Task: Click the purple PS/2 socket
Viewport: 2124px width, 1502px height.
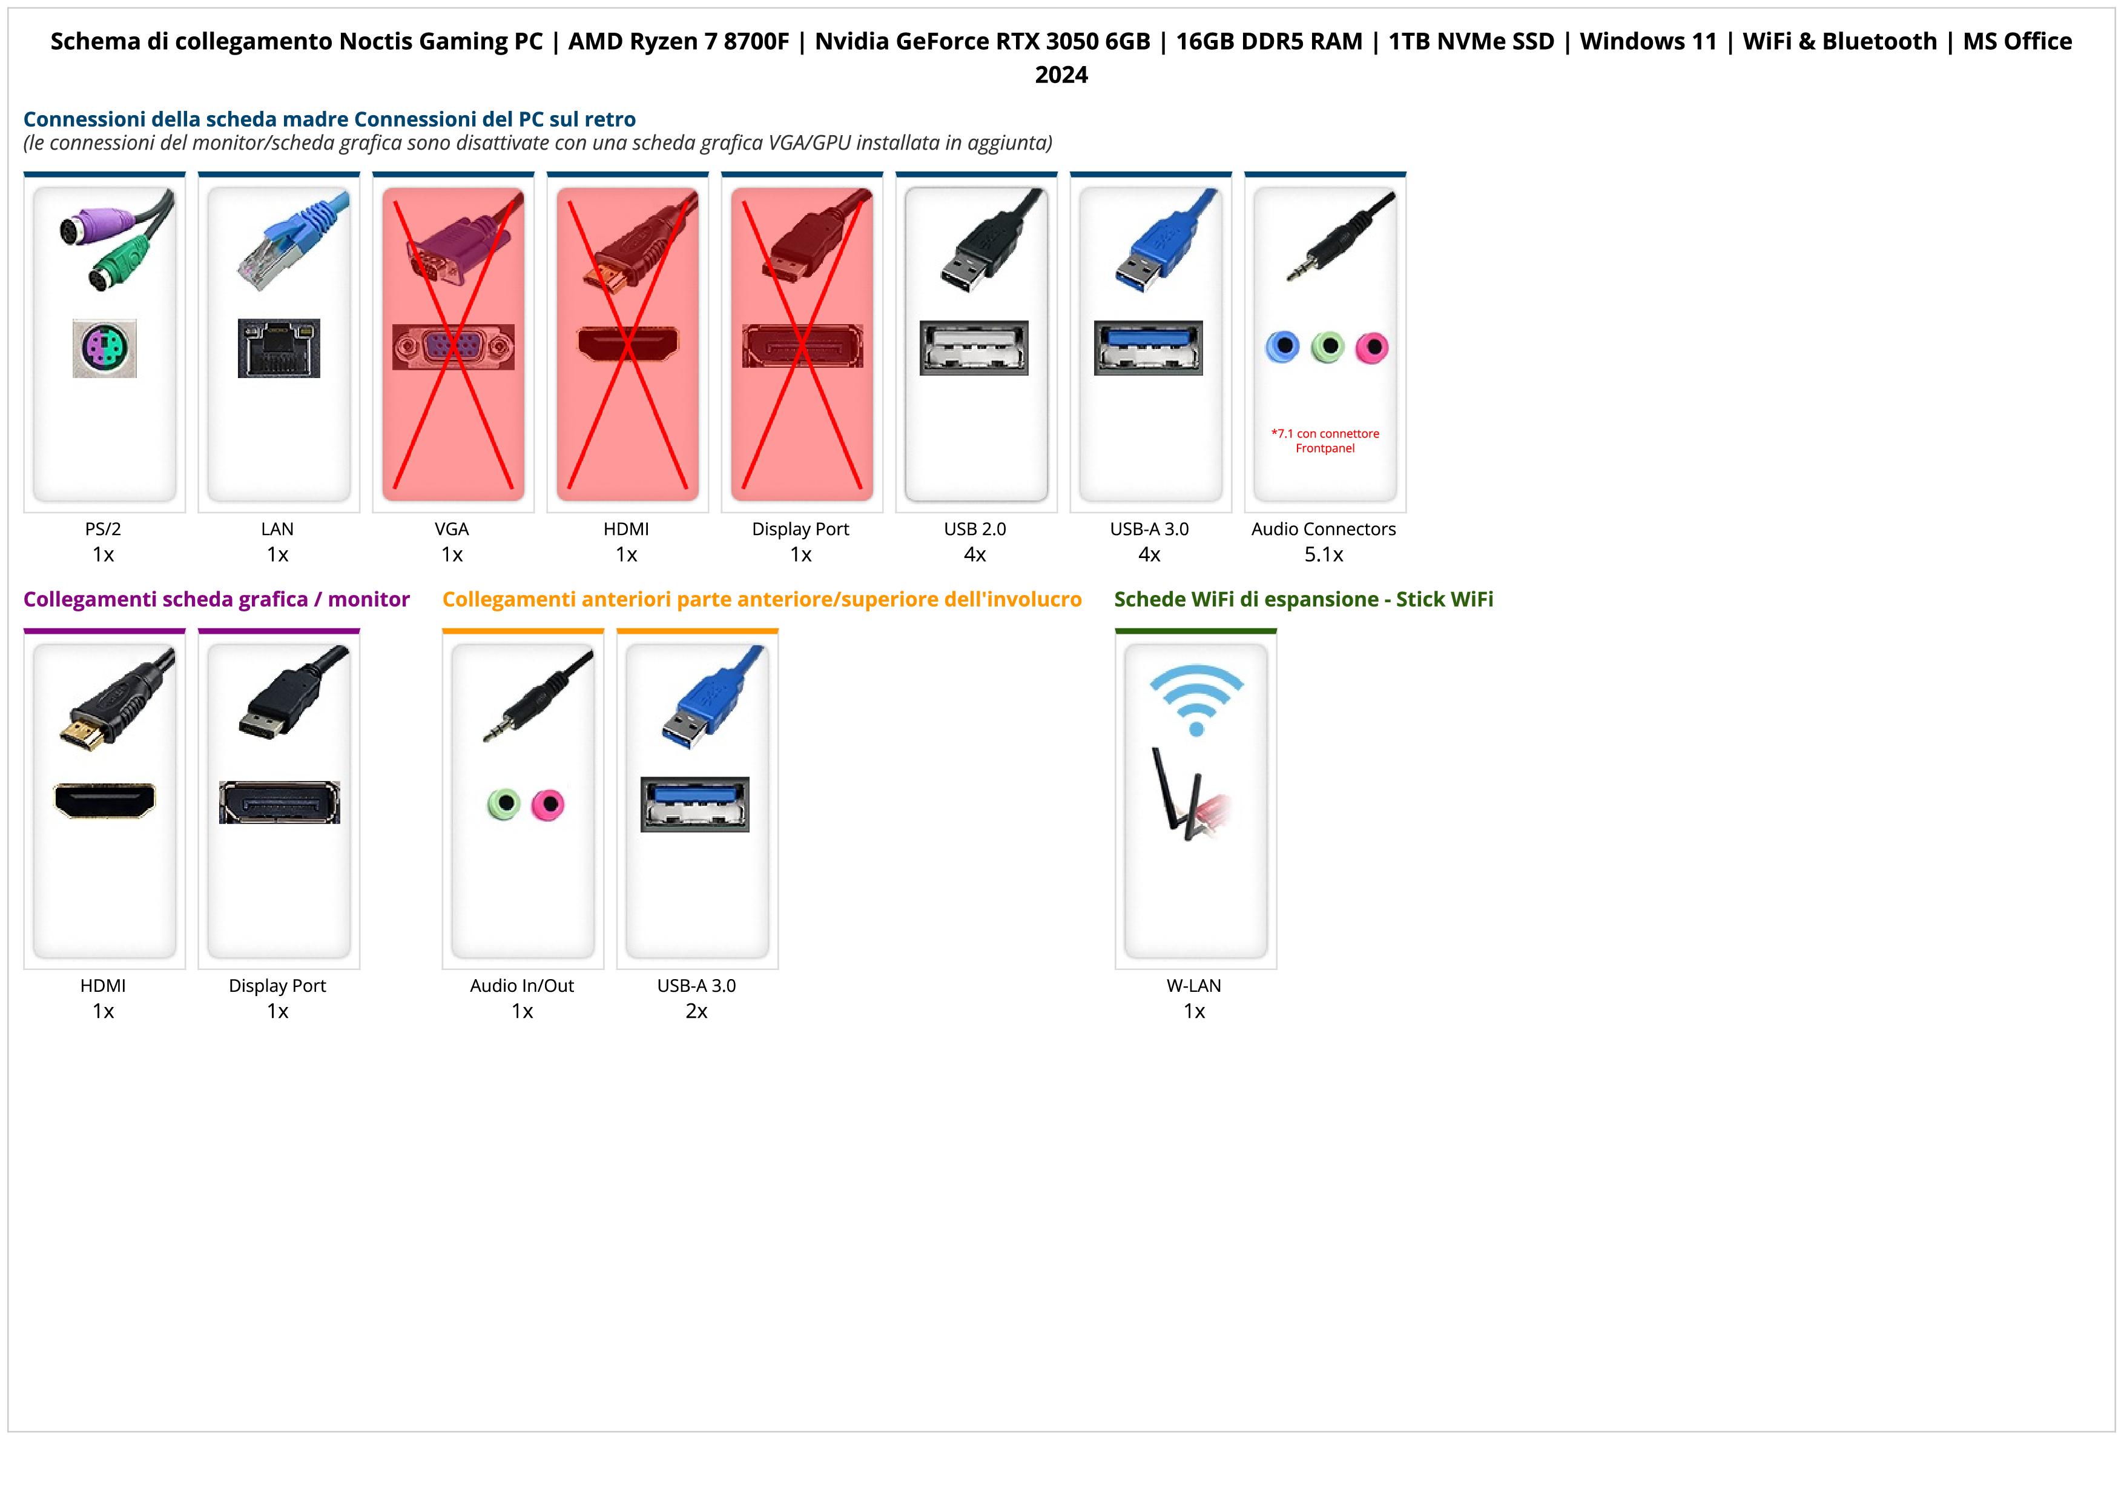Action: (x=105, y=348)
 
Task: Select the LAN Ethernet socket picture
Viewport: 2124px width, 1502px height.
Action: (x=279, y=348)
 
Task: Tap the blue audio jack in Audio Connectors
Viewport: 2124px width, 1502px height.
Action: (x=1282, y=347)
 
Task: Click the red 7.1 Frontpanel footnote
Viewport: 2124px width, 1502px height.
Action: (x=1325, y=440)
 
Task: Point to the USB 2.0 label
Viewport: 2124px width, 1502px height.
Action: (x=974, y=530)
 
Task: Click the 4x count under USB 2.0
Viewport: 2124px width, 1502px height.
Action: (x=974, y=554)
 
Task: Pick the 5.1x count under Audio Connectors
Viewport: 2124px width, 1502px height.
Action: (x=1323, y=554)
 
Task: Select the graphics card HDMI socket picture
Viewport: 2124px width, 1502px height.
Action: (x=105, y=800)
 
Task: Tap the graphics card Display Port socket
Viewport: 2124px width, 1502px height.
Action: (x=279, y=802)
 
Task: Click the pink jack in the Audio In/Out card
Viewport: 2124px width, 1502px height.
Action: (x=548, y=804)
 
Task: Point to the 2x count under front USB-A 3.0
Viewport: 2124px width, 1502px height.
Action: (x=696, y=1011)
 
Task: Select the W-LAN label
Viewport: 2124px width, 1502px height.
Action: (x=1193, y=986)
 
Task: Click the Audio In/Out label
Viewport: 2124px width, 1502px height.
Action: (x=522, y=986)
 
